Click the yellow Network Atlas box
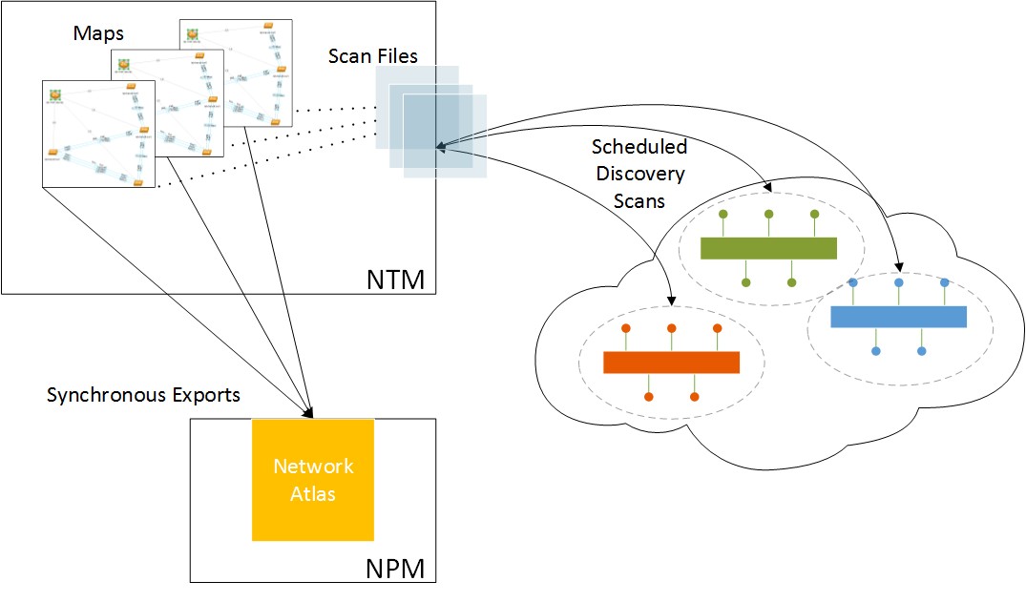coord(312,479)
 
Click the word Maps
coord(98,32)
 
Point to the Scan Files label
coord(372,56)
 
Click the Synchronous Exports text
coord(143,394)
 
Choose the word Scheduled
coord(639,148)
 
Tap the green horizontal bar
coord(767,248)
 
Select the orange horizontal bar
coord(671,363)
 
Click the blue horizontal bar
coord(898,317)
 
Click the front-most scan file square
coord(445,135)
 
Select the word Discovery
coord(638,175)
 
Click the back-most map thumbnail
coord(235,73)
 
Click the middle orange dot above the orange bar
coord(671,328)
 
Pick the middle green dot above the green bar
coord(768,215)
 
